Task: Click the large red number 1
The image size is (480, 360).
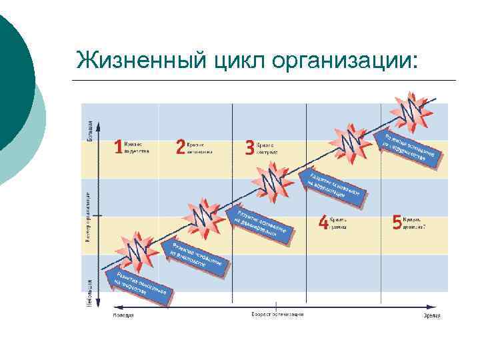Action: (119, 147)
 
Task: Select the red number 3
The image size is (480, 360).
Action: (249, 147)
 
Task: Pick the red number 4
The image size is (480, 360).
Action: (323, 222)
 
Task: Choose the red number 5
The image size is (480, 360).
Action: (397, 222)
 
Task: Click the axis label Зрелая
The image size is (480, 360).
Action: (432, 314)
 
